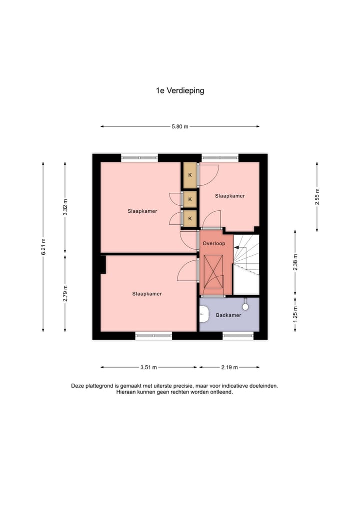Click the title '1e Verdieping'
pos(180,91)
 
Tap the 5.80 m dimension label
pos(180,127)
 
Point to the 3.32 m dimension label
pos(65,207)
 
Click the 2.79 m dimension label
pos(65,293)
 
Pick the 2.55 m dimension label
pos(317,196)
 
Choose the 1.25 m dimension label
pos(295,314)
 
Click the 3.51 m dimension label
pos(148,368)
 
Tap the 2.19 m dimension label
pos(229,368)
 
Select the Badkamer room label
pos(228,316)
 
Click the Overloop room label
pos(214,244)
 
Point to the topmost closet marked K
pos(190,175)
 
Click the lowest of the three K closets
pos(190,218)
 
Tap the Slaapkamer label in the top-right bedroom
pos(230,196)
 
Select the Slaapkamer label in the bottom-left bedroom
pos(147,294)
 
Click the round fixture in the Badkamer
pos(245,307)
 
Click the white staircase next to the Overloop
pos(247,265)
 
